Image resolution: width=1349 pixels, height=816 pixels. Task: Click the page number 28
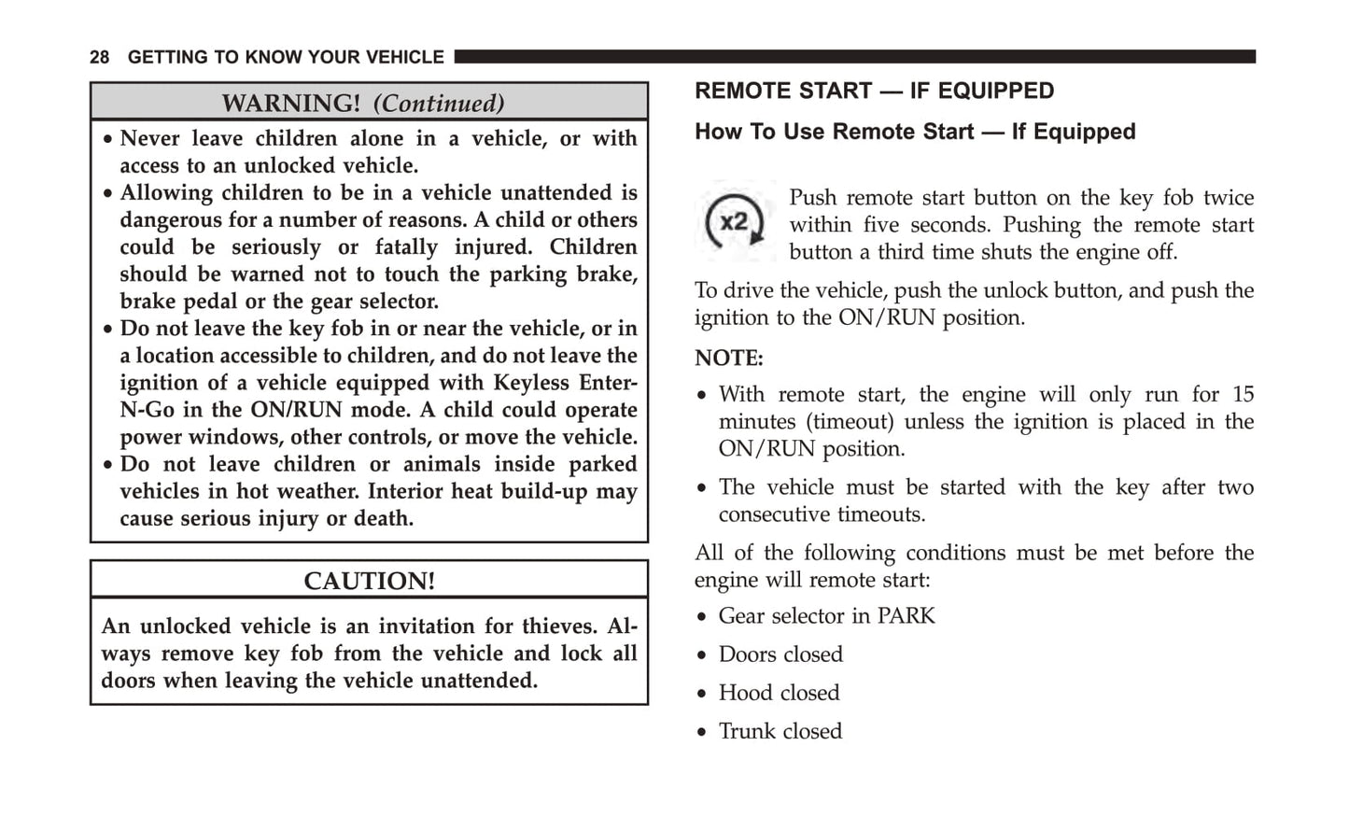100,58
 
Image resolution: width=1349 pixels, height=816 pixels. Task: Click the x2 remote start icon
735,222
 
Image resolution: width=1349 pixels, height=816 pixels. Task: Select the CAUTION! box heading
369,581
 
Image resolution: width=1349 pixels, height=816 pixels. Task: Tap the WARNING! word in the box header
290,103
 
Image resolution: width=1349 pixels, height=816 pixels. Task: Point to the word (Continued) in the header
439,103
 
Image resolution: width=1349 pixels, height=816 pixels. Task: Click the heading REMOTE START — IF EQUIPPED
874,91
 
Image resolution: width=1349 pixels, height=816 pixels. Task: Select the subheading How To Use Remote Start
914,132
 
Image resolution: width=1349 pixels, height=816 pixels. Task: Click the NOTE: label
728,358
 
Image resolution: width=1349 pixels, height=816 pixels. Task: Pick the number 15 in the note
1243,394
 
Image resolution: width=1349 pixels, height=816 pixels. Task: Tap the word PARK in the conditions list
906,616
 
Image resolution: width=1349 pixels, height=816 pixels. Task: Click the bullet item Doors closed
780,654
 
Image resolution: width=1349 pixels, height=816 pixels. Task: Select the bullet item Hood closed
779,693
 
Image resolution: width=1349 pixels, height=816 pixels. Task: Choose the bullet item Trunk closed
780,731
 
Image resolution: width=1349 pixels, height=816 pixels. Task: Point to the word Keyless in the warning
532,383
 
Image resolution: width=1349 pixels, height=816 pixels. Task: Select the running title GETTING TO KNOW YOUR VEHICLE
286,58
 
